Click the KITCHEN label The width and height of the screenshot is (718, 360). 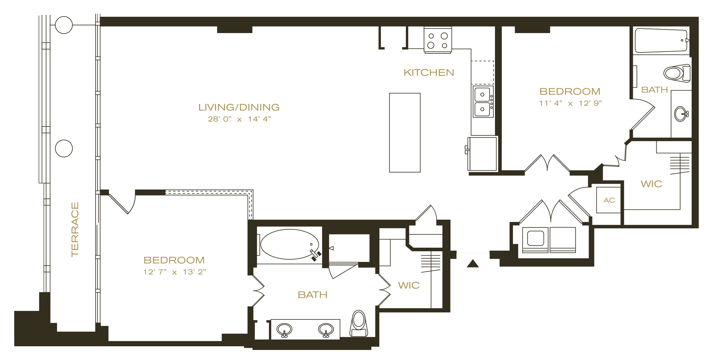tap(429, 73)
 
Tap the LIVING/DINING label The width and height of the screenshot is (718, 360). tap(239, 107)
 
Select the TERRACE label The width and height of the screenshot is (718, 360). tap(75, 229)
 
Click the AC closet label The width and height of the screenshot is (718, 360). tap(609, 200)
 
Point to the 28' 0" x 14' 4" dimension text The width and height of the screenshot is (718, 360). tap(240, 119)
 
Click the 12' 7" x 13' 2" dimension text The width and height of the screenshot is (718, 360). tap(175, 272)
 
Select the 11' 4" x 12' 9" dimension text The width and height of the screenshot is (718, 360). tap(570, 103)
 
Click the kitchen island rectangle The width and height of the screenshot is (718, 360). tap(405, 133)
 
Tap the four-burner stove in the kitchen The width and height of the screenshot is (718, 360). tap(438, 40)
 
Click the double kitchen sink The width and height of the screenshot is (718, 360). tap(483, 102)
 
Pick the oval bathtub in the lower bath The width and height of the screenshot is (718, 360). tap(290, 244)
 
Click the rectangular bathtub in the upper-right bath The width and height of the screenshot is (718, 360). tap(661, 40)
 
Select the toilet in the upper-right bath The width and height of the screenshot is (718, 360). tap(677, 73)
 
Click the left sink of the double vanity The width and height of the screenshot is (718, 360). tap(284, 330)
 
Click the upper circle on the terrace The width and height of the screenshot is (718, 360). tap(64, 25)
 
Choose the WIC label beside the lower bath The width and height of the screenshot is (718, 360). tap(409, 285)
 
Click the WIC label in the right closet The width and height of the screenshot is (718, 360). tap(652, 184)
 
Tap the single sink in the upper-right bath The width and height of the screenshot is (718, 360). tap(681, 114)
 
